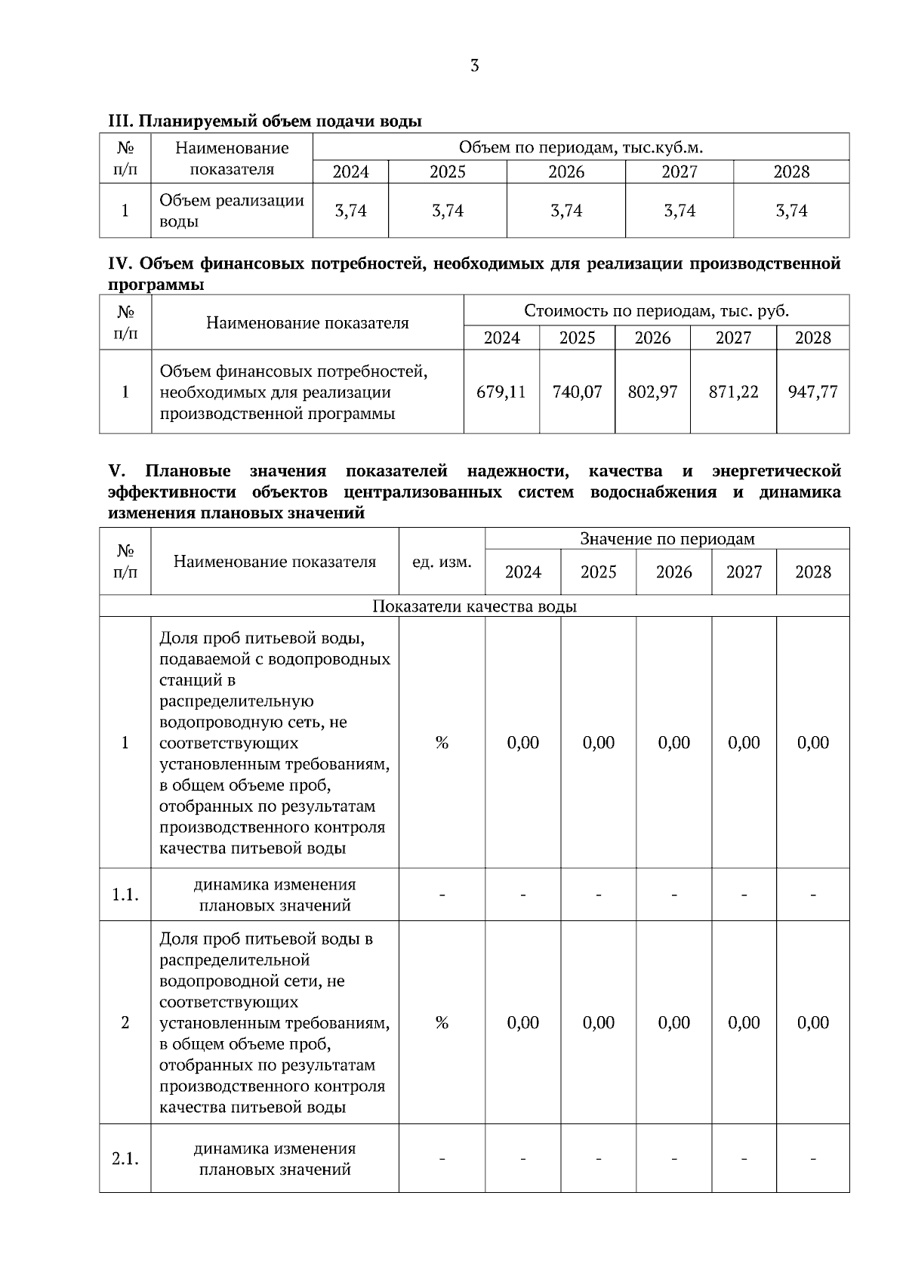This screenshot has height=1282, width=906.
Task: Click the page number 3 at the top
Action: pos(474,66)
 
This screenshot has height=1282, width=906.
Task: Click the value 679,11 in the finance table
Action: pos(501,392)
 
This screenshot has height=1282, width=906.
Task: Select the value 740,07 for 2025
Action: pos(577,392)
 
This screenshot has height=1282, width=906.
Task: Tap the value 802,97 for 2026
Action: pos(652,392)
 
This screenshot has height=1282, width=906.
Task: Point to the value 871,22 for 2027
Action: pos(733,392)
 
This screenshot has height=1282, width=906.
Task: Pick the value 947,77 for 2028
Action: pos(812,392)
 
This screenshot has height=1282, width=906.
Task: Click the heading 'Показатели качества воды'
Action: pos(474,606)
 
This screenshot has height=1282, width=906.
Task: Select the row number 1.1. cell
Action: pos(125,895)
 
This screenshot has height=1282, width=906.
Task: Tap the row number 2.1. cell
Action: pos(125,1158)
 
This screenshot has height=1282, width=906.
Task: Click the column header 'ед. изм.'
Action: pos(442,562)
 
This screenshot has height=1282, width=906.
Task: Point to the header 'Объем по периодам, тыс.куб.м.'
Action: pos(581,146)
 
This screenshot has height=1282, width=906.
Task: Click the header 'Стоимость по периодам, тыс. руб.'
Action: pos(656,310)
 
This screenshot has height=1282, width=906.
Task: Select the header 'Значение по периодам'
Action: pos(667,538)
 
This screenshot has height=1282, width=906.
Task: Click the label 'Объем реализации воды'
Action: pos(231,211)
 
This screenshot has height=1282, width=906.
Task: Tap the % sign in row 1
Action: pos(442,743)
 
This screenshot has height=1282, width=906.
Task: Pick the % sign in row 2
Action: pos(442,1022)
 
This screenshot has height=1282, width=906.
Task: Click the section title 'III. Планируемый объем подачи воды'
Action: pos(265,121)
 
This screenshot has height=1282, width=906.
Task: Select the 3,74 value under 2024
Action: pos(350,211)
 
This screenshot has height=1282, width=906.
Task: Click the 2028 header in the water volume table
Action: pos(790,172)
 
